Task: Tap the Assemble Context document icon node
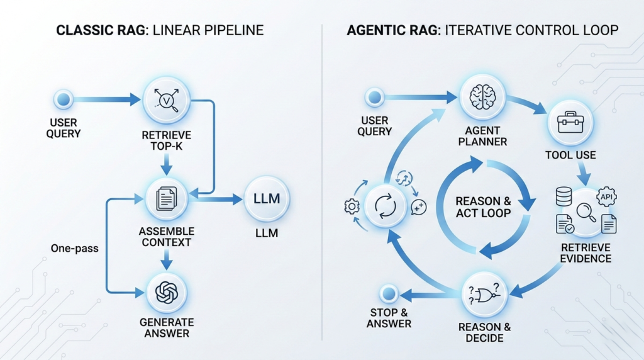(x=166, y=199)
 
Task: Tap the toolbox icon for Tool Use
(x=570, y=122)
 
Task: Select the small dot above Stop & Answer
(x=388, y=293)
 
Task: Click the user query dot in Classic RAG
(x=64, y=99)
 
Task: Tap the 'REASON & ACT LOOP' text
(x=483, y=207)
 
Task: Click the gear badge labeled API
(x=606, y=196)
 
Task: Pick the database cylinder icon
(x=563, y=196)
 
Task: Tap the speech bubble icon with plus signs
(x=418, y=207)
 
